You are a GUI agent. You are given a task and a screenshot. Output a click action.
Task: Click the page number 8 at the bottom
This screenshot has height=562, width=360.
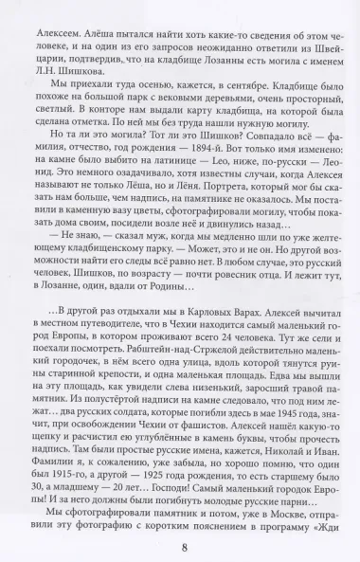(x=180, y=544)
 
